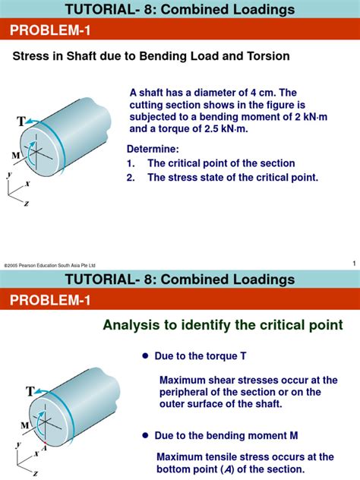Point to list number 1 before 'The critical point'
click(130, 163)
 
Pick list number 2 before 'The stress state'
click(130, 178)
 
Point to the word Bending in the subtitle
click(162, 57)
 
